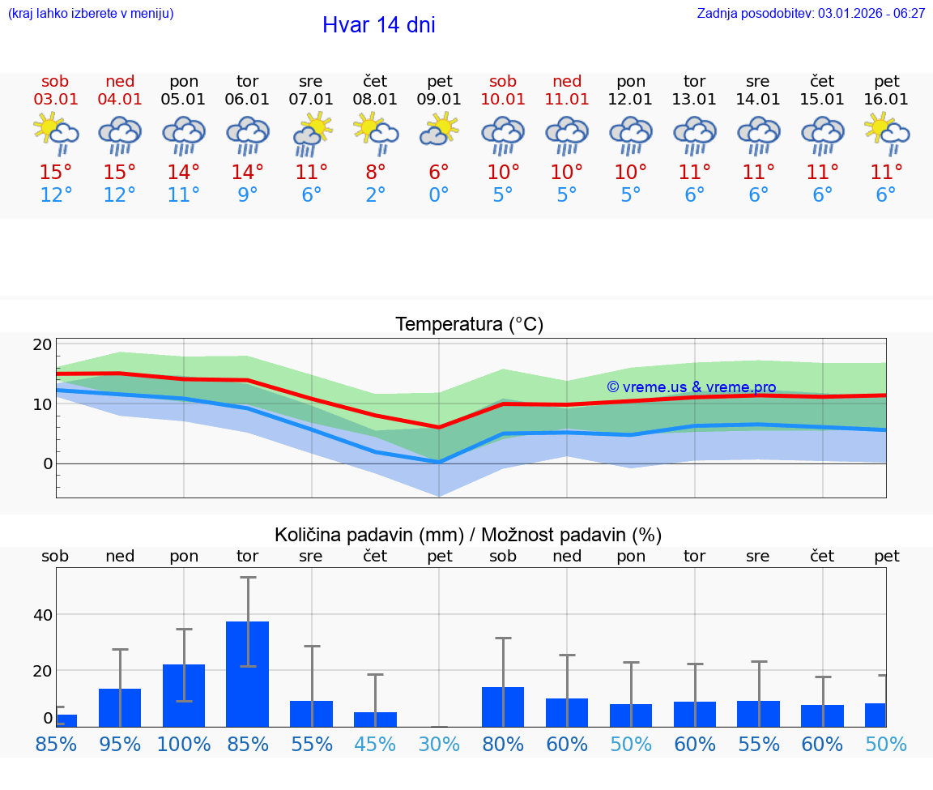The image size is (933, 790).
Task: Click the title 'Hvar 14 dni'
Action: pyautogui.click(x=378, y=25)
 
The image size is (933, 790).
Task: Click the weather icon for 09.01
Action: pyautogui.click(x=439, y=130)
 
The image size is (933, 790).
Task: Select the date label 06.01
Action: pyautogui.click(x=247, y=100)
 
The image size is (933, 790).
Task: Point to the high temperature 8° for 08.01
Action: pyautogui.click(x=375, y=172)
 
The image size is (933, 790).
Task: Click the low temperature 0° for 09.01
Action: pyautogui.click(x=439, y=195)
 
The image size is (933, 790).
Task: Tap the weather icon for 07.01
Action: pyautogui.click(x=311, y=134)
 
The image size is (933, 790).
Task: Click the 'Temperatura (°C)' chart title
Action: pyautogui.click(x=469, y=325)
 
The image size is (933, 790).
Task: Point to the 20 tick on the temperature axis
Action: pyautogui.click(x=42, y=344)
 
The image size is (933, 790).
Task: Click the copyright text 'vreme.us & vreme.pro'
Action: pyautogui.click(x=692, y=387)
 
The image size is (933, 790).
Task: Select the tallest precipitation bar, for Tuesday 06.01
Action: pyautogui.click(x=247, y=673)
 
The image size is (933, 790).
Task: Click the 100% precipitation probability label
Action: pyautogui.click(x=184, y=745)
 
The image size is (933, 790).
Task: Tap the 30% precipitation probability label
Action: pyautogui.click(x=439, y=745)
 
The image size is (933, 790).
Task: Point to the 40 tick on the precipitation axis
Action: pyautogui.click(x=42, y=615)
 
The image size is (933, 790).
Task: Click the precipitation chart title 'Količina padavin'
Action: pyautogui.click(x=468, y=535)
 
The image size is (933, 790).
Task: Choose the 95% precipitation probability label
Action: pyautogui.click(x=120, y=745)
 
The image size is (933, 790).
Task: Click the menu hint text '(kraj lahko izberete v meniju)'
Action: pyautogui.click(x=91, y=13)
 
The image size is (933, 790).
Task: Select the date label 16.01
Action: pyautogui.click(x=886, y=100)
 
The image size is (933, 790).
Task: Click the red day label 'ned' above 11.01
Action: pyautogui.click(x=567, y=81)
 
